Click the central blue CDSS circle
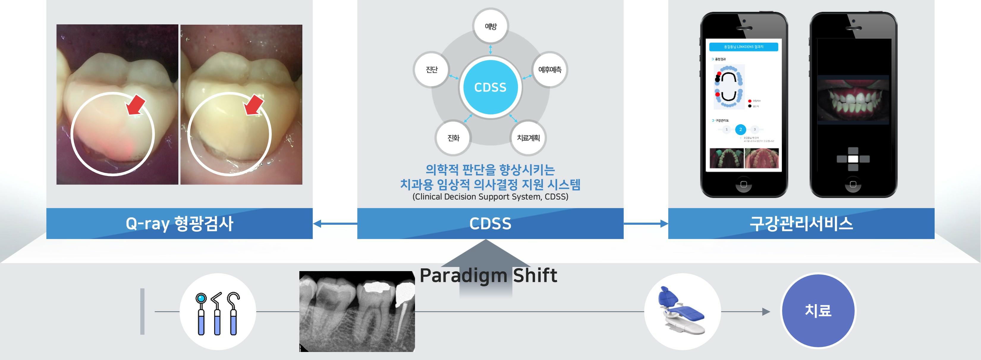(x=490, y=87)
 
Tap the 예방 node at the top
(x=491, y=26)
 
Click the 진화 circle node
(x=453, y=138)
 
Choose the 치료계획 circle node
(x=528, y=138)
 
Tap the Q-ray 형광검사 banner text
(x=179, y=224)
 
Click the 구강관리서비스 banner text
(x=801, y=224)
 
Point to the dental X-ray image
(x=357, y=312)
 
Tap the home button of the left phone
(x=743, y=184)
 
